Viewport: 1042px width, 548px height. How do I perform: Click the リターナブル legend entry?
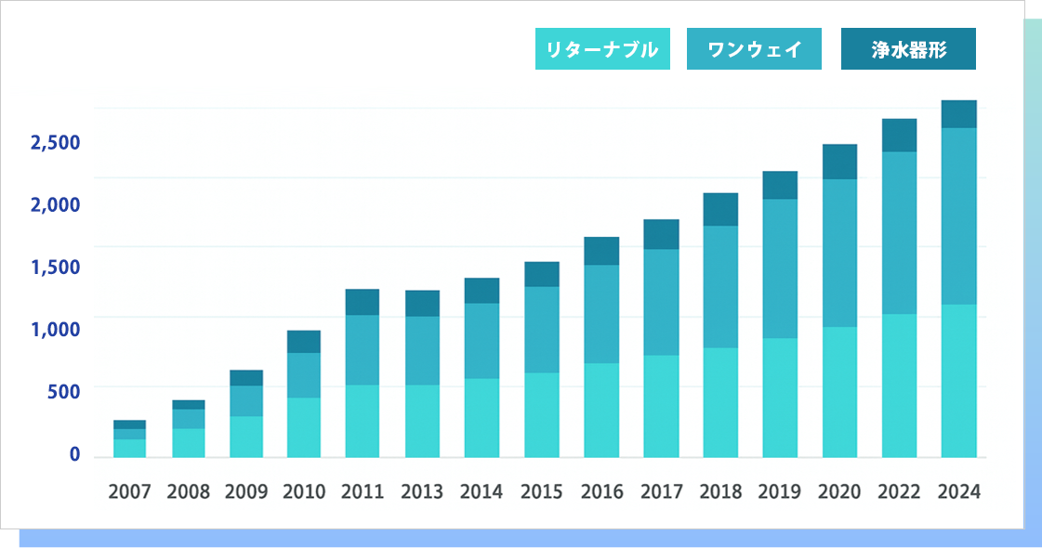(x=602, y=49)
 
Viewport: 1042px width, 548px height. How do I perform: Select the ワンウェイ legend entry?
(x=754, y=49)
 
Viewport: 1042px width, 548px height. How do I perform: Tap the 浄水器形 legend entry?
(x=908, y=49)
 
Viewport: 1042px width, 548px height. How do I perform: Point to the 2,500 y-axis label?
(x=56, y=143)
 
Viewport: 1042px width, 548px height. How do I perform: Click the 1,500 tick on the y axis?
(x=56, y=267)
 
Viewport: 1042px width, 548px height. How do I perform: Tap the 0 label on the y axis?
(x=74, y=454)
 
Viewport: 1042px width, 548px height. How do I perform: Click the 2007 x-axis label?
(x=129, y=492)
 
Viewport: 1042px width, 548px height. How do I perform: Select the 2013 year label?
(x=423, y=492)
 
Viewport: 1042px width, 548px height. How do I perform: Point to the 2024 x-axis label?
(x=959, y=492)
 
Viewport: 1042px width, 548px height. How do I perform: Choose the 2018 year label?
(x=720, y=492)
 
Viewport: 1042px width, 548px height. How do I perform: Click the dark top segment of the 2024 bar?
(x=958, y=113)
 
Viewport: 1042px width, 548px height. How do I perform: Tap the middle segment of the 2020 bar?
(x=839, y=253)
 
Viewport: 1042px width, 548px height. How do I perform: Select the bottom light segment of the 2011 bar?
(x=363, y=421)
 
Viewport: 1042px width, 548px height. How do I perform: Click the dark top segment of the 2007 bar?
(x=129, y=424)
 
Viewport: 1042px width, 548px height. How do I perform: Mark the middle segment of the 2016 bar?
(x=601, y=314)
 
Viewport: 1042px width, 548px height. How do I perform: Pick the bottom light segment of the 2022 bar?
(x=899, y=385)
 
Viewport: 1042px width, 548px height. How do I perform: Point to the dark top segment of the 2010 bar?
(x=304, y=342)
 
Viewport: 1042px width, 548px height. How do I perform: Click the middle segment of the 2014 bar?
(x=481, y=341)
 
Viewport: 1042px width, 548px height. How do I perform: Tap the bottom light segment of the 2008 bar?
(x=188, y=442)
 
